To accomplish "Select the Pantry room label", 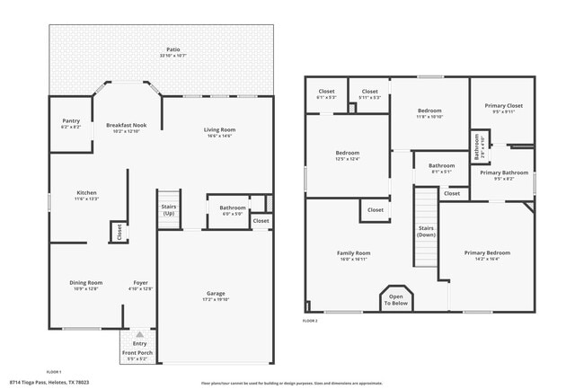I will coord(71,122).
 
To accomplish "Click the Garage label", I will coord(216,296).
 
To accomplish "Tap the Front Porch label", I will coord(139,353).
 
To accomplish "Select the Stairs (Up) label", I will coord(169,209).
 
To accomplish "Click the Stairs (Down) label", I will coord(427,231).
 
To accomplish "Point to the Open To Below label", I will coord(396,301).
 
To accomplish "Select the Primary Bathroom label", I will coord(503,174).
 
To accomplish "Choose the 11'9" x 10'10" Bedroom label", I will coord(429,114).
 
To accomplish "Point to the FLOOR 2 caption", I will coord(310,321).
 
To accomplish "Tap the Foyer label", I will coord(141,285).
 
